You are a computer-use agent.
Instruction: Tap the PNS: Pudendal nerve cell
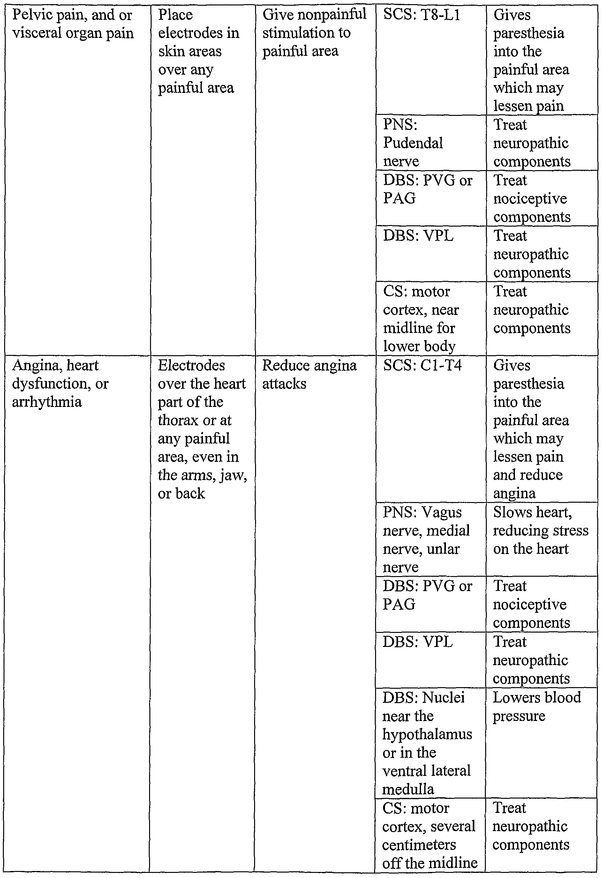coord(430,143)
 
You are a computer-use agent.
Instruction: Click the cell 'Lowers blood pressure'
coord(541,742)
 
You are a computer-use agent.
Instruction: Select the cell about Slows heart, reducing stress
coord(541,539)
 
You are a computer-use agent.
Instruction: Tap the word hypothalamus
coord(427,734)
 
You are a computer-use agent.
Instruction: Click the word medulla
coord(408,789)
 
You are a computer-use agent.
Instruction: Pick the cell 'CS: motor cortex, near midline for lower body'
coord(430,319)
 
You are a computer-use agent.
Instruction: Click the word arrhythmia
coord(47,402)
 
